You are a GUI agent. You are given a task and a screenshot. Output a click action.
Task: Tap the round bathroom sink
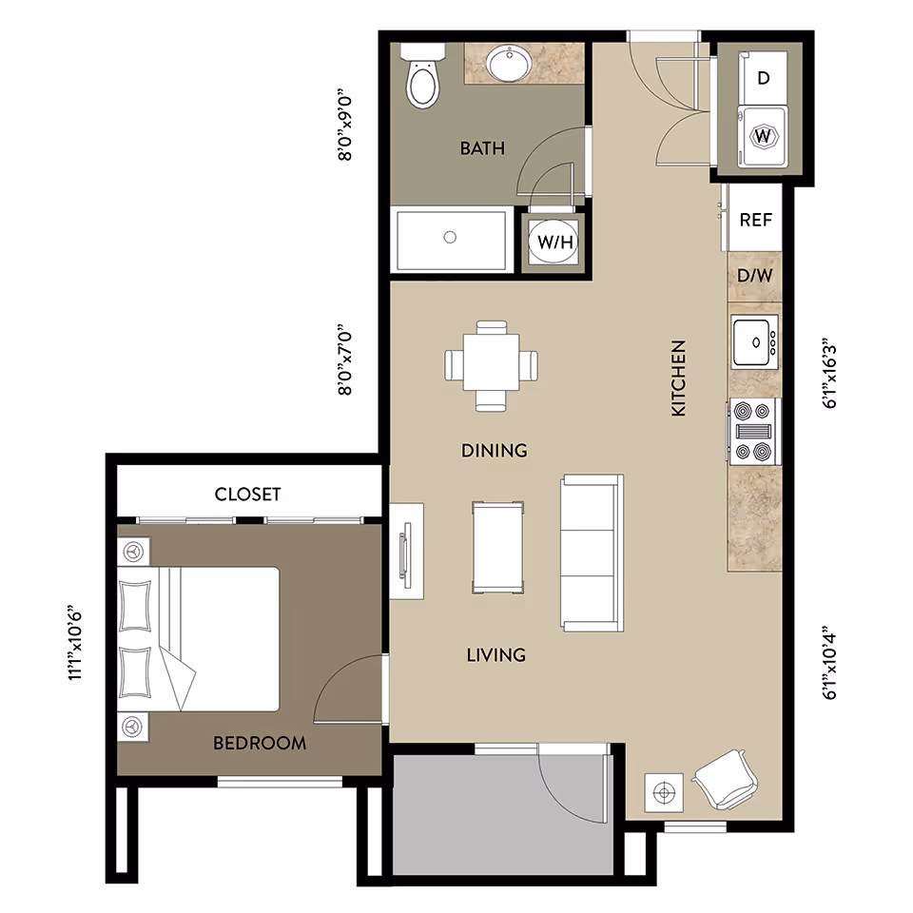(512, 65)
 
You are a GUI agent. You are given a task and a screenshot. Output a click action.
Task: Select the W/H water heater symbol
(555, 243)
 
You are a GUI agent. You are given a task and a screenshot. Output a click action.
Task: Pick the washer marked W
(763, 136)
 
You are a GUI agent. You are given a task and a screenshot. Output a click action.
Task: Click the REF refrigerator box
(755, 220)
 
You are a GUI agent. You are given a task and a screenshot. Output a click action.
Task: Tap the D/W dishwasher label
(755, 277)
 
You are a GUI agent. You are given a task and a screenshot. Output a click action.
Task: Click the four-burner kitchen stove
(754, 430)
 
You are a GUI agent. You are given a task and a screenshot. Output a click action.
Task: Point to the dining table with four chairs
(492, 366)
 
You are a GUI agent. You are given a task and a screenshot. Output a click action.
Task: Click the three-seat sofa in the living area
(591, 553)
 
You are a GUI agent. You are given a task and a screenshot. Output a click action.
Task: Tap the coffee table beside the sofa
(497, 547)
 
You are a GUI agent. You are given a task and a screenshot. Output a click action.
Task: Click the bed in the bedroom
(200, 638)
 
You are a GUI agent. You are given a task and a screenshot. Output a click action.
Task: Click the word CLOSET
(247, 495)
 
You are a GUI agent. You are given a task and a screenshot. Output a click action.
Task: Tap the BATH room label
(482, 148)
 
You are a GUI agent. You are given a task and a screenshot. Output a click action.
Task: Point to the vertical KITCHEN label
(679, 378)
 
